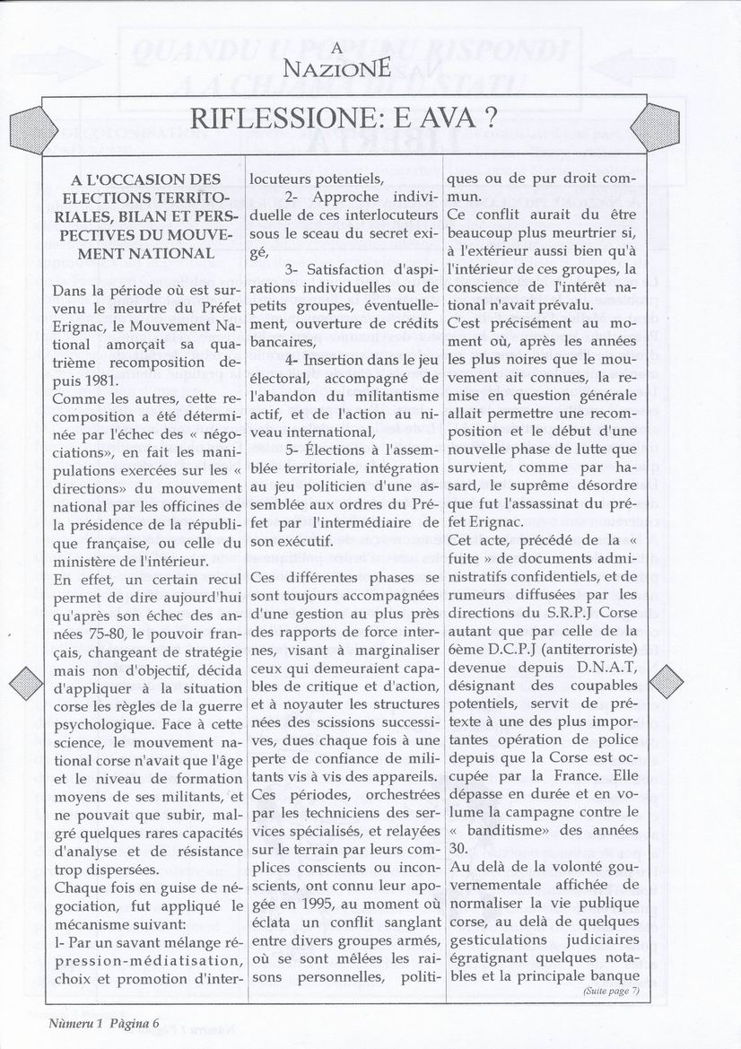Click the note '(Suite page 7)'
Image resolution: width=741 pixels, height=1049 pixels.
tap(610, 991)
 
